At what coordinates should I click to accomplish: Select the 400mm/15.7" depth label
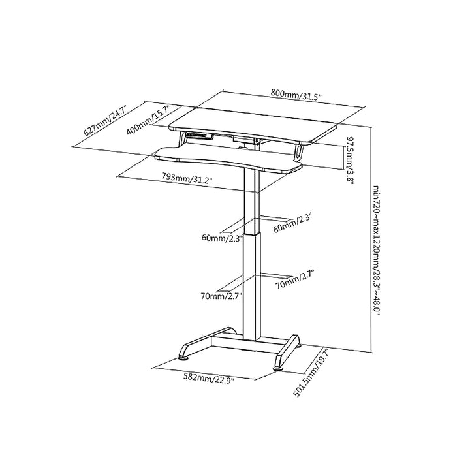149,120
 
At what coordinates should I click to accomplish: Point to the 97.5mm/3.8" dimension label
351,161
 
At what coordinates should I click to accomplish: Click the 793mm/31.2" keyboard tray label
187,178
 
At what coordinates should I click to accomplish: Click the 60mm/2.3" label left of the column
221,238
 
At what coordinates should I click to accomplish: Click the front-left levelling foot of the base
185,357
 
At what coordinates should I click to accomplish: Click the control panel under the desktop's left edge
200,136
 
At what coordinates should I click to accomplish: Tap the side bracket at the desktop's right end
300,151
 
